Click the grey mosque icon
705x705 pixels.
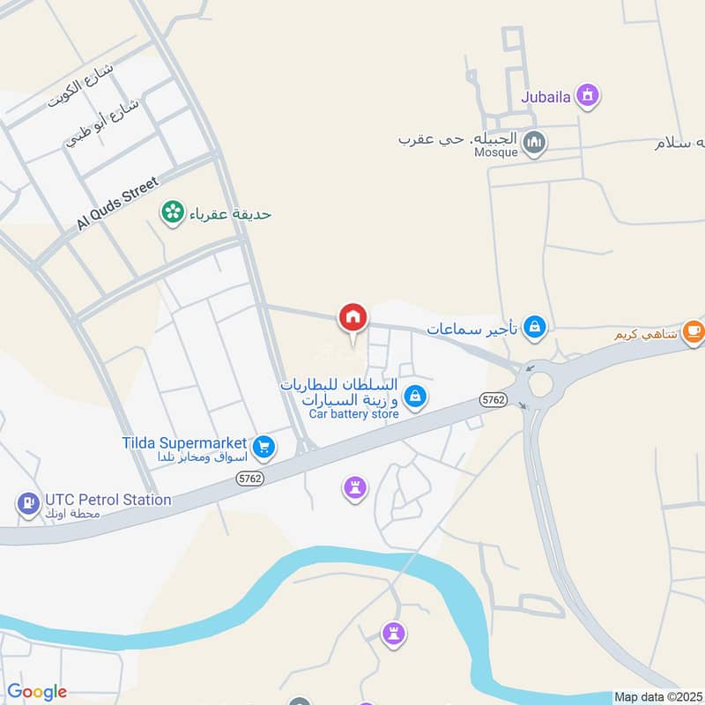click(x=534, y=141)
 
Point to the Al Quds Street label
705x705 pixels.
click(x=116, y=204)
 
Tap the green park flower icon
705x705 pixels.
click(x=172, y=211)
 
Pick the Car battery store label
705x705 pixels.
click(x=353, y=413)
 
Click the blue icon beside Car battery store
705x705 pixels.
click(x=417, y=398)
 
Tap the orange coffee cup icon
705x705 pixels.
click(x=694, y=330)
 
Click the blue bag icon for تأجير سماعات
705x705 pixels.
click(x=534, y=328)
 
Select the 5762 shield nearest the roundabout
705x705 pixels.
click(x=494, y=400)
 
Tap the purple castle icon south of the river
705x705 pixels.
click(x=393, y=632)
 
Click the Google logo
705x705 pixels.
click(x=37, y=692)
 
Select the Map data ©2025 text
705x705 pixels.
click(x=658, y=697)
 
